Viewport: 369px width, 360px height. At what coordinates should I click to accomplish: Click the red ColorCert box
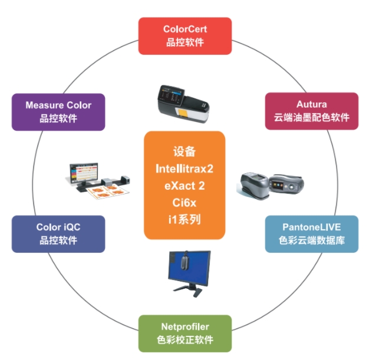pyautogui.click(x=185, y=35)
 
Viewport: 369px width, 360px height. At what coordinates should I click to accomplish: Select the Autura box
pyautogui.click(x=311, y=110)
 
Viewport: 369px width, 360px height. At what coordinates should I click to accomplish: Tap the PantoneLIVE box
pyautogui.click(x=311, y=233)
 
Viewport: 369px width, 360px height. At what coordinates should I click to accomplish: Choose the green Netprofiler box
pyautogui.click(x=185, y=332)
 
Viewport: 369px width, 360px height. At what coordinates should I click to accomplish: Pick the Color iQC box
pyautogui.click(x=58, y=233)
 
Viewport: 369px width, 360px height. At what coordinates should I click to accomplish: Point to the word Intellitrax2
pyautogui.click(x=185, y=169)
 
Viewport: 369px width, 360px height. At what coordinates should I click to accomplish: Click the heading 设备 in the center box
pyautogui.click(x=185, y=151)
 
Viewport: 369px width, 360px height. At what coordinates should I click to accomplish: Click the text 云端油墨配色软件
pyautogui.click(x=311, y=117)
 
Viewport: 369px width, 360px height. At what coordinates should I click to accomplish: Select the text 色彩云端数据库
pyautogui.click(x=311, y=240)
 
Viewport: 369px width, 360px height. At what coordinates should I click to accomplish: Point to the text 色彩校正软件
pyautogui.click(x=185, y=340)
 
